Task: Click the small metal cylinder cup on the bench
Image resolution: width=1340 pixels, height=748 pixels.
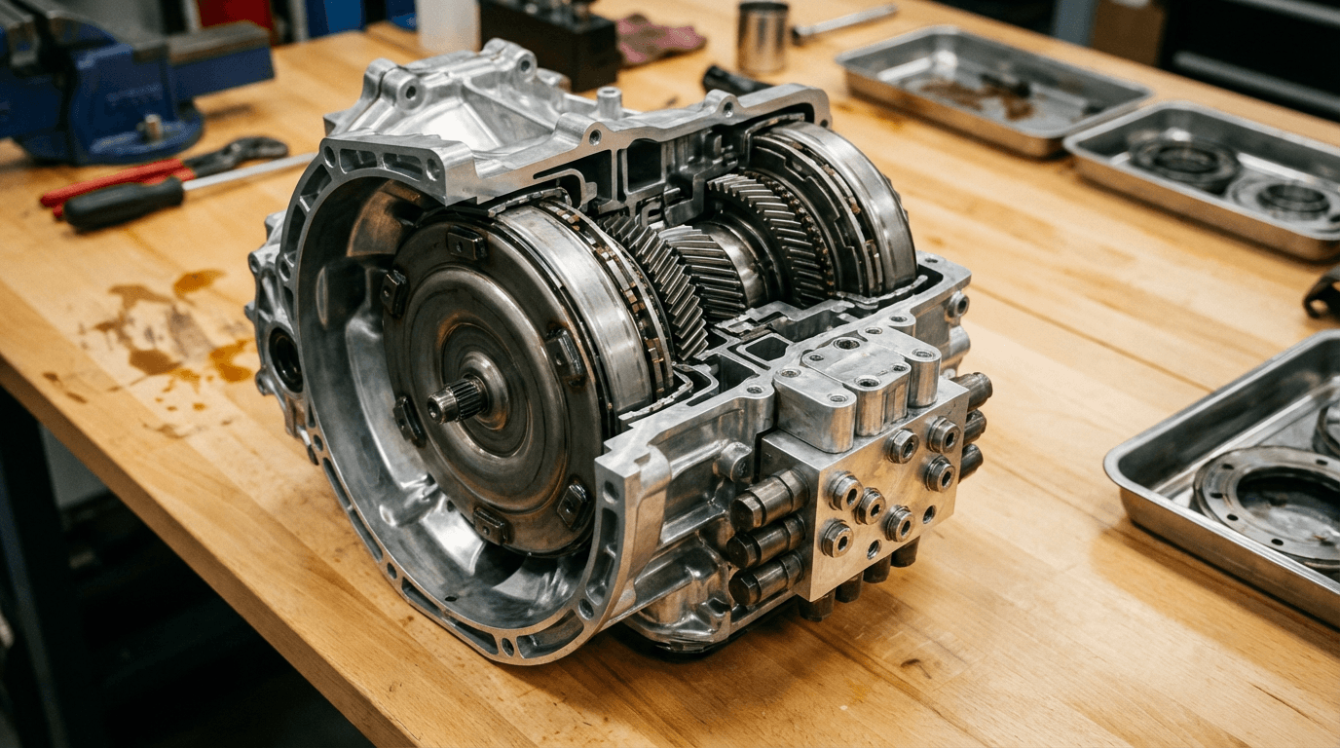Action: click(x=763, y=37)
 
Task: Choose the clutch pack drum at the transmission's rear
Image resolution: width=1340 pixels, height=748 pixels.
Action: click(x=837, y=209)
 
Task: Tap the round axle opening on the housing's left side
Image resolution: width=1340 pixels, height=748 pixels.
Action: click(x=285, y=358)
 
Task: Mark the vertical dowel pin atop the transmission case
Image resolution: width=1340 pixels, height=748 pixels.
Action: click(x=610, y=101)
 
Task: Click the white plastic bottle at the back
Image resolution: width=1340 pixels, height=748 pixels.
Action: click(x=448, y=24)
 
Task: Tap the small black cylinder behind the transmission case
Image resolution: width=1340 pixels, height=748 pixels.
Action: click(x=730, y=81)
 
